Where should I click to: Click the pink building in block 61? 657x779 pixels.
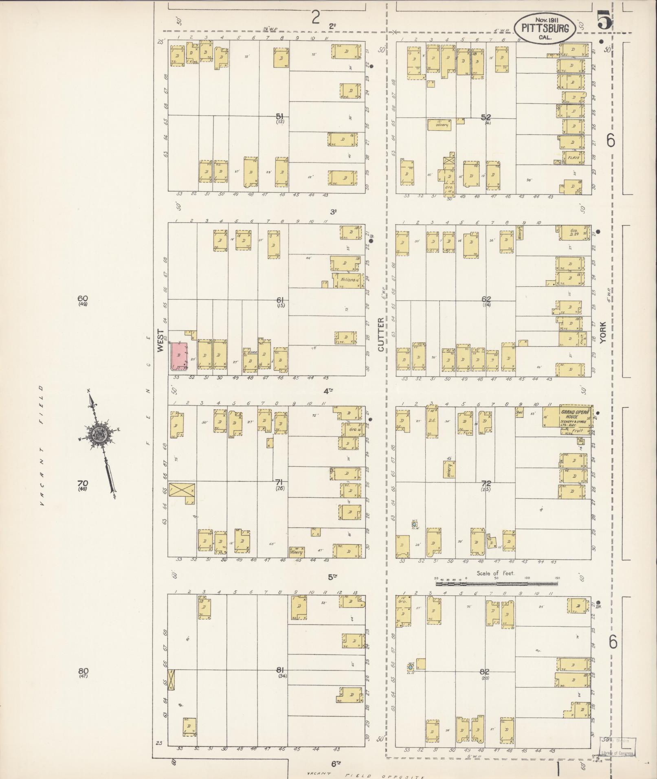tap(179, 356)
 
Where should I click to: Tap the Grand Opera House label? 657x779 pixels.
tap(573, 414)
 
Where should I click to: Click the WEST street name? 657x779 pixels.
tap(160, 341)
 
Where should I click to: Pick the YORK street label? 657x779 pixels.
tap(603, 332)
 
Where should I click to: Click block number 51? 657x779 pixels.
tap(279, 116)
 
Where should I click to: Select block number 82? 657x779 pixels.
tap(484, 671)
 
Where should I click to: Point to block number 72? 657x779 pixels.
tap(486, 484)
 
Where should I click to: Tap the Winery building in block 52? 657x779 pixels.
tap(439, 125)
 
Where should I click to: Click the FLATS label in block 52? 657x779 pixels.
tap(573, 157)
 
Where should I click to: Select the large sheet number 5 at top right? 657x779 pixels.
tap(605, 21)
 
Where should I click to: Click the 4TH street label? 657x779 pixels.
tap(328, 391)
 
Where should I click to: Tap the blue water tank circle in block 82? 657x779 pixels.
tap(410, 667)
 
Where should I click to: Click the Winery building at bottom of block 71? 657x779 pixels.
tap(297, 552)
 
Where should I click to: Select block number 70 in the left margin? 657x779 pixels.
tap(83, 483)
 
